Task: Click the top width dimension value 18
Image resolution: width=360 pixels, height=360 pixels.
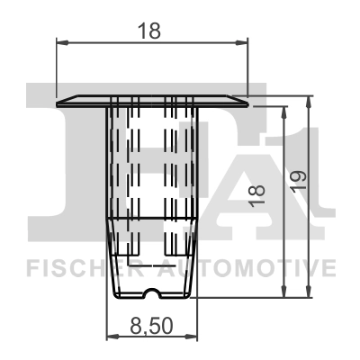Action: click(151, 30)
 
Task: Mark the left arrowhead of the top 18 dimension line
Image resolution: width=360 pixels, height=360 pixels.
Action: click(62, 40)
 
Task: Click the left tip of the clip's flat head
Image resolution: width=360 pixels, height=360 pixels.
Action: click(58, 101)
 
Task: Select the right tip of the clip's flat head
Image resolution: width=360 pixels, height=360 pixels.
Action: click(246, 101)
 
